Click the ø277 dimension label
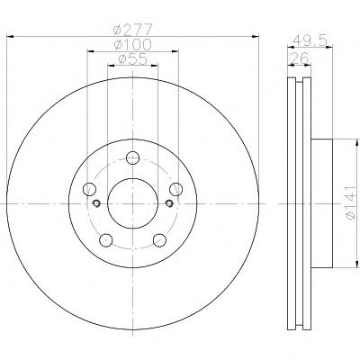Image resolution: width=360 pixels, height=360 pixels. click(132, 30)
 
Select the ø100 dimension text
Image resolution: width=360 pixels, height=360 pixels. click(133, 45)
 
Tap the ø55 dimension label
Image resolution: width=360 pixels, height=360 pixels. click(133, 59)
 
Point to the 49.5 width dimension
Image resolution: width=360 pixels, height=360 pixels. click(310, 40)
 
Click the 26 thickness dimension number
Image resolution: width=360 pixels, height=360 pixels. click(299, 58)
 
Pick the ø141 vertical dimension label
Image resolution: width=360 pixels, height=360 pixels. click(350, 202)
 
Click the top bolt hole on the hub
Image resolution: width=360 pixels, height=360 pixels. click(132, 157)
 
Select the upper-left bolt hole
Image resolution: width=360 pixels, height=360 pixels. click(89, 189)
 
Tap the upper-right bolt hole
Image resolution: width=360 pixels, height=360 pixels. click(175, 189)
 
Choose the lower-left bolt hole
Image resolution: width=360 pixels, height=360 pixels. click(106, 240)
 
